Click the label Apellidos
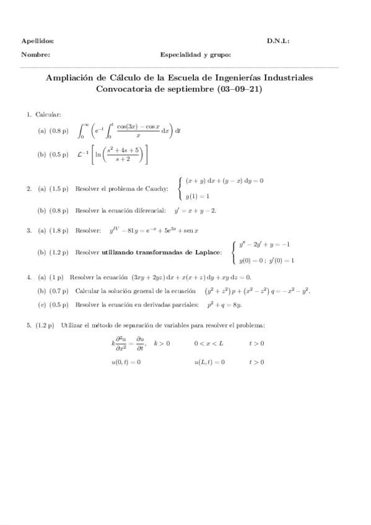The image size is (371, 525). [37, 41]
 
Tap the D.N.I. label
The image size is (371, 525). [278, 41]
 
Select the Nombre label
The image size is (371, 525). [35, 54]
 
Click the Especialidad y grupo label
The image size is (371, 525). [195, 54]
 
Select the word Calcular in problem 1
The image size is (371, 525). [48, 115]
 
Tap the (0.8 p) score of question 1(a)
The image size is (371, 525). [59, 131]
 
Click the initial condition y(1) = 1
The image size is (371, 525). [198, 196]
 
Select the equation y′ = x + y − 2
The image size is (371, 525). [194, 210]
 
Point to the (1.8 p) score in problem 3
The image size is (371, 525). [59, 231]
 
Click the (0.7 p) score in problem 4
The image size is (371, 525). [59, 291]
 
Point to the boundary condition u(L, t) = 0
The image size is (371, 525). [209, 362]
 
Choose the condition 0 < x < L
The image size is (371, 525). [209, 343]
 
